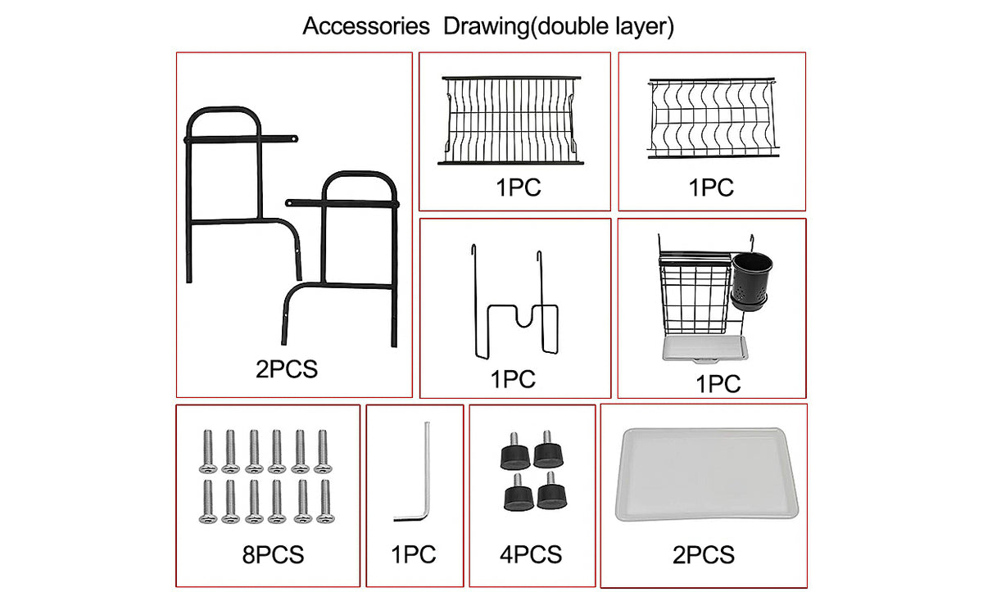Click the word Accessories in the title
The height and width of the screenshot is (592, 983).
(366, 26)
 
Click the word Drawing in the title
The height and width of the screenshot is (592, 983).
(487, 26)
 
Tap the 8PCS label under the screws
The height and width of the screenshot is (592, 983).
(273, 554)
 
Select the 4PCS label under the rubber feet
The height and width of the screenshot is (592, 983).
(531, 554)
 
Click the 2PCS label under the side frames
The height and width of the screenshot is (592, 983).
(287, 369)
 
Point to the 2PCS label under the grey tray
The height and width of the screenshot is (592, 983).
(704, 554)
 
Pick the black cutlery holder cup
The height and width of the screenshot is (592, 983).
(751, 281)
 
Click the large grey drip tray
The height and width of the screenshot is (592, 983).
(706, 473)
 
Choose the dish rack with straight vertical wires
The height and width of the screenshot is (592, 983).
(511, 120)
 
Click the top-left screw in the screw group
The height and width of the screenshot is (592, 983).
(207, 452)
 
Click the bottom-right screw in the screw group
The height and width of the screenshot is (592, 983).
(325, 502)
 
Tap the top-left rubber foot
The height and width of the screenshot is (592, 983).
(514, 452)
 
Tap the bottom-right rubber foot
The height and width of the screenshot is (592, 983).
(551, 491)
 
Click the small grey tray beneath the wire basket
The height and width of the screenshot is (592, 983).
(704, 350)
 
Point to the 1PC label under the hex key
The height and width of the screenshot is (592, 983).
(414, 554)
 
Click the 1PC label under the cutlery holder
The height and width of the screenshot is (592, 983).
(718, 384)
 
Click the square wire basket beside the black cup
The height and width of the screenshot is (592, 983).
(695, 294)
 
